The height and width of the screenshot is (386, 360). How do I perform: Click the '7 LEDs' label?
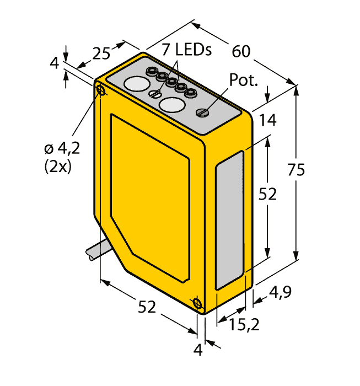pos(186,50)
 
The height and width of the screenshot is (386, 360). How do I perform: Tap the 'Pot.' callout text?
pos(244,80)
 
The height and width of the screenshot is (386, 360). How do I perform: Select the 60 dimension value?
pos(241,51)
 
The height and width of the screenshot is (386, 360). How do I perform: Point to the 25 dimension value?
pos(101,53)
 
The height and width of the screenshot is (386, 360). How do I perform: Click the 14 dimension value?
pos(268,120)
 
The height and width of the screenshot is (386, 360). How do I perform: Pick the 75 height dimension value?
pos(296,170)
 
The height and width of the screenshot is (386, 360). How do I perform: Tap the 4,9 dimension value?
pos(280,292)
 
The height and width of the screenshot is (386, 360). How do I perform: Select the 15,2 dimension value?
pos(244,324)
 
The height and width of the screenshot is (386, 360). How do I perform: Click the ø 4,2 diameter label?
pos(62,149)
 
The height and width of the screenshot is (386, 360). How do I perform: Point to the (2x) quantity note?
pos(58,167)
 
